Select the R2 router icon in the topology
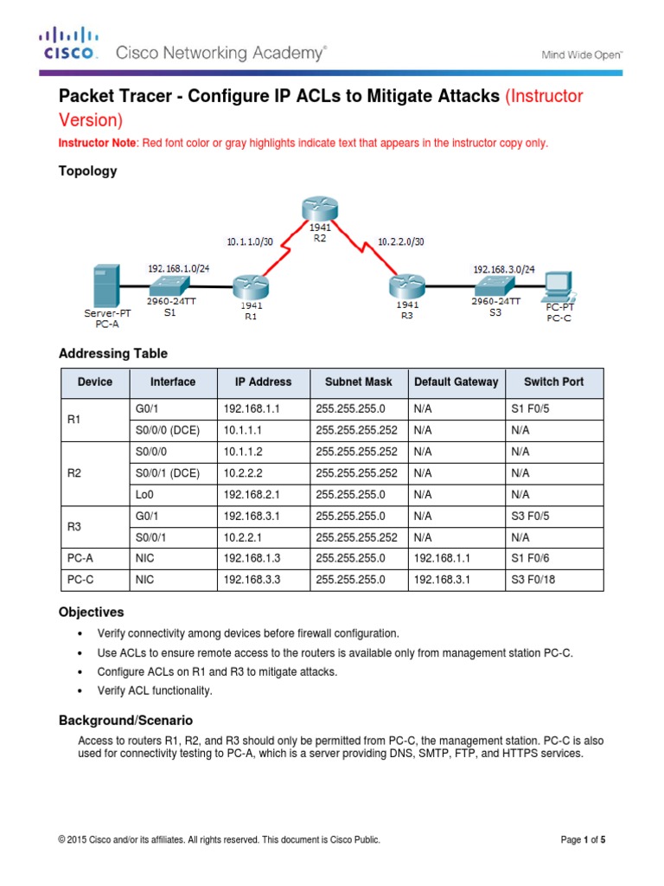[316, 210]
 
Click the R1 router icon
[251, 286]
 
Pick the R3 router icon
[405, 286]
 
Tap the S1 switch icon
[169, 286]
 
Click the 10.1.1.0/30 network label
[250, 242]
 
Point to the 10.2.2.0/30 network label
[402, 242]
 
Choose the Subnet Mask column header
[358, 382]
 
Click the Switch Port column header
[553, 382]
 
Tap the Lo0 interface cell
[144, 495]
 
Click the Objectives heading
[91, 612]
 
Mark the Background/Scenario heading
[125, 720]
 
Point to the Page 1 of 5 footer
[584, 839]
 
